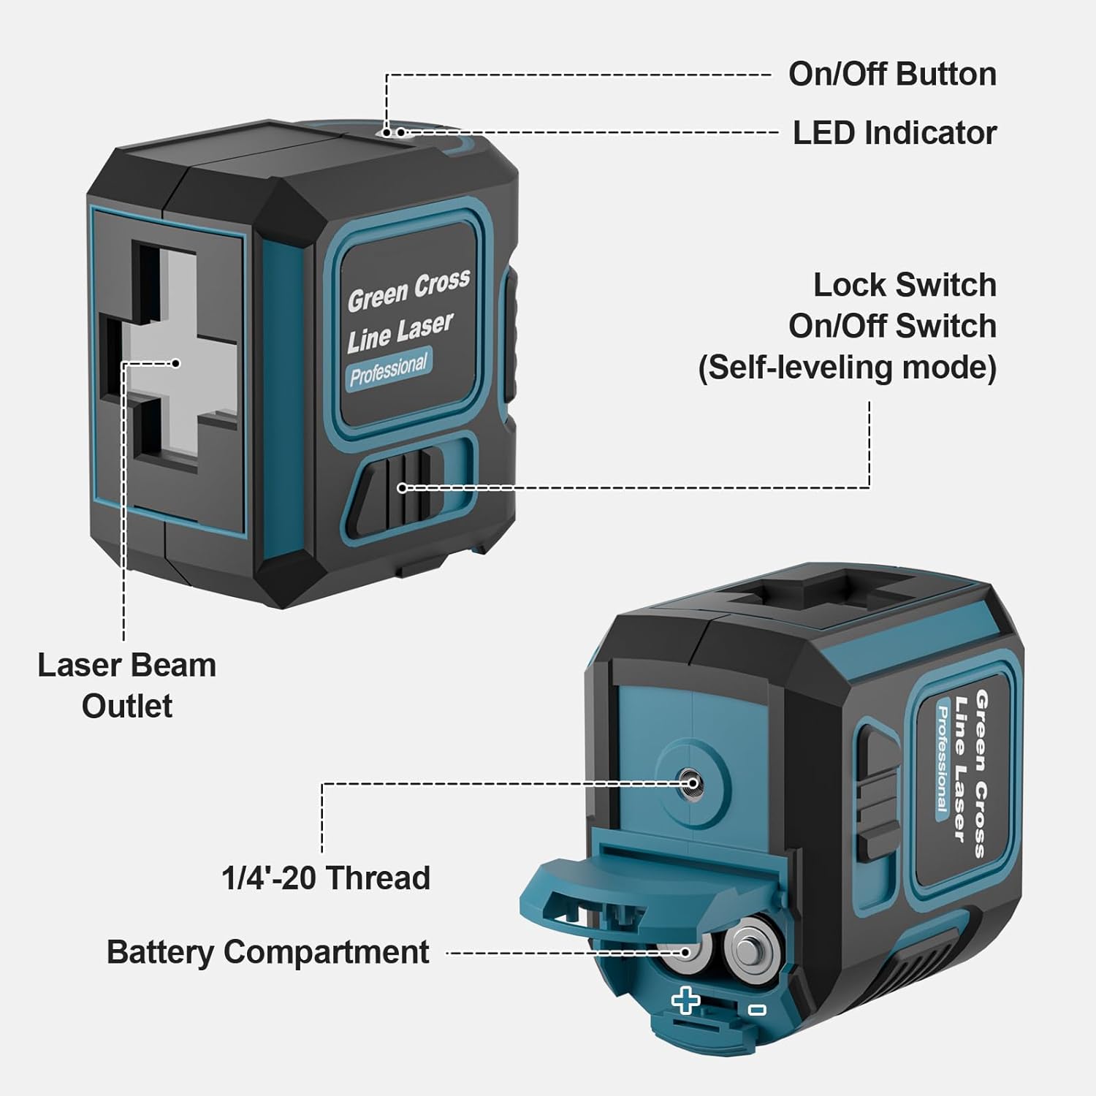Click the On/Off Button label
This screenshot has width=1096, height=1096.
891,75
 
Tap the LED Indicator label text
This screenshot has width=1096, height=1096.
894,133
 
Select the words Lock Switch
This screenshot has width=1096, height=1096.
905,285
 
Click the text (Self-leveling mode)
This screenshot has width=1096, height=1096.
848,367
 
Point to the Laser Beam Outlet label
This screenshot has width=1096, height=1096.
126,685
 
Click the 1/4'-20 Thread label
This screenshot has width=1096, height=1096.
326,878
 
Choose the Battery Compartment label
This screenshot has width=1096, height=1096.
267,952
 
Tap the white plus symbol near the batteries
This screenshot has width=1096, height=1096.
686,1000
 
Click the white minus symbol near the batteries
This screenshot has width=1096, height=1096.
757,1009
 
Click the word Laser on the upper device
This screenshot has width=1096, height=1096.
425,328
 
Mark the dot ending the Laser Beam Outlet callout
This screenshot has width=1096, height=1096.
175,363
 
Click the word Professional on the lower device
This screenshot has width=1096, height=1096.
943,760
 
